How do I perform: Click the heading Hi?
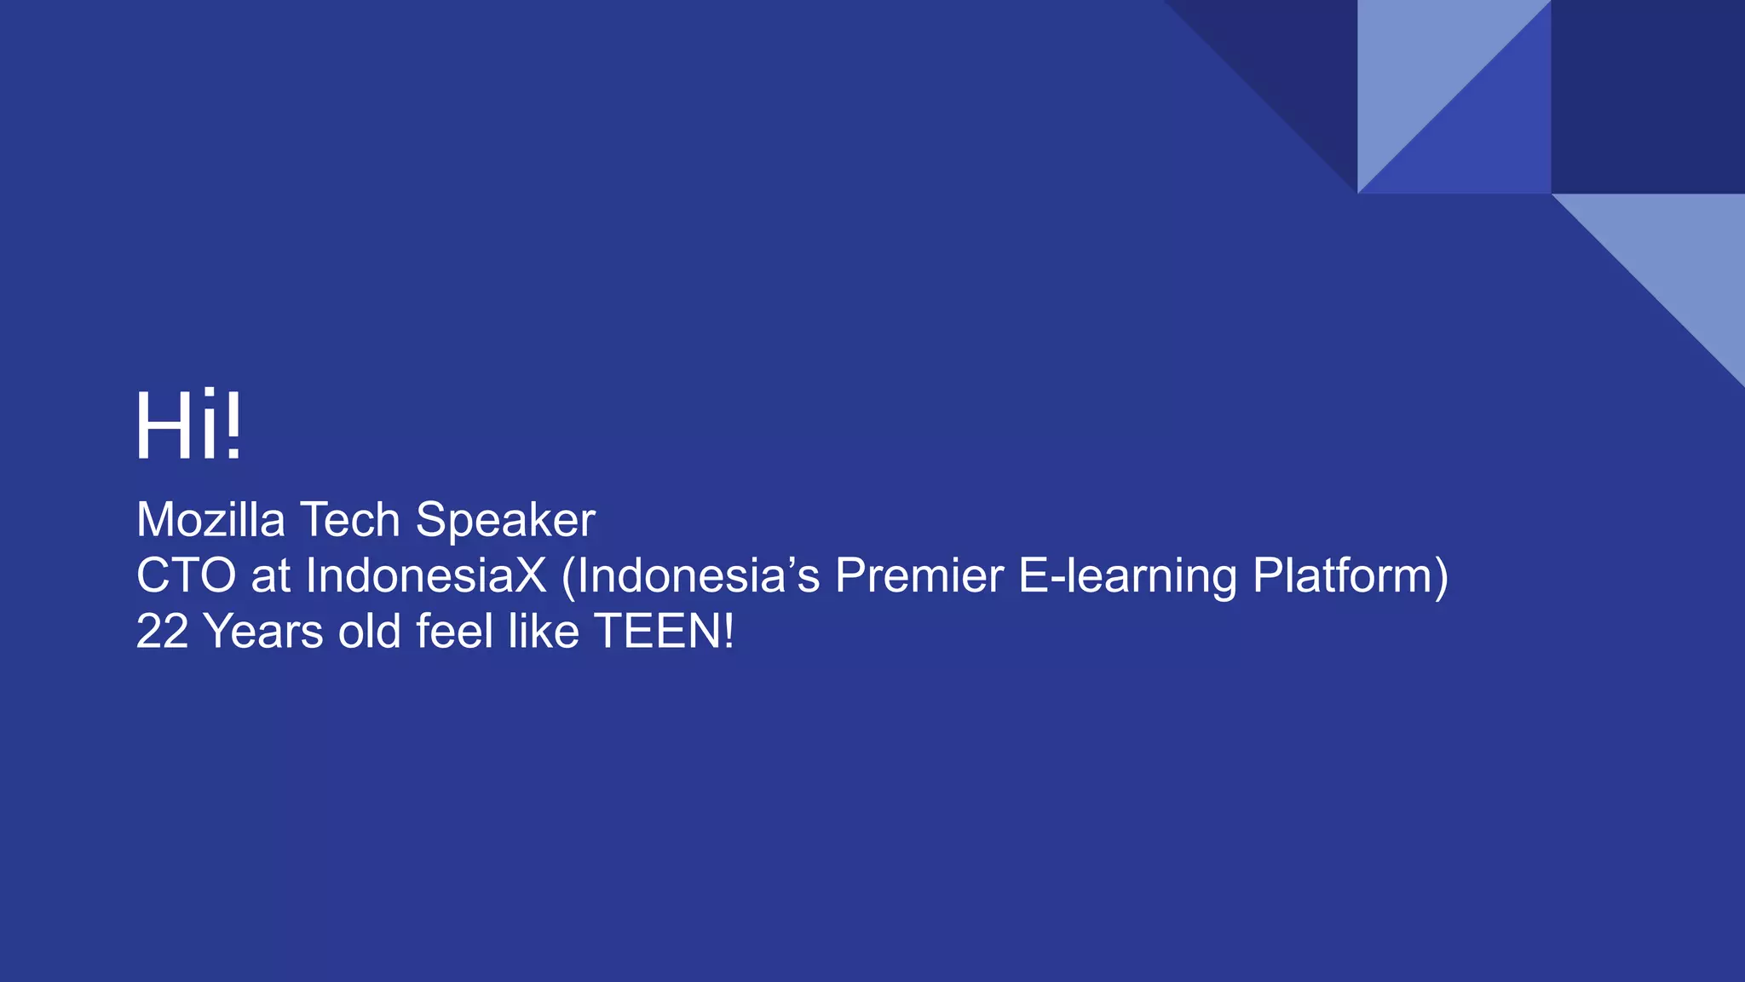click(189, 426)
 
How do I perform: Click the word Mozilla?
click(210, 520)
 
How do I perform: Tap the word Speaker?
click(505, 522)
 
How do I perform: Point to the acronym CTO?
click(186, 575)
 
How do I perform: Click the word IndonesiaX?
click(425, 575)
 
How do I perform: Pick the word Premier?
click(919, 575)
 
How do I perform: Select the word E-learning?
click(1127, 577)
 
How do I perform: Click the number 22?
click(162, 632)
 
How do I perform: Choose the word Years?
click(264, 632)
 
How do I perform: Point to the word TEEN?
click(664, 632)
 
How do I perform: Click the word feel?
click(454, 632)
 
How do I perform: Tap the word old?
click(369, 632)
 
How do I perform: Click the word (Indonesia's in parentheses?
click(691, 575)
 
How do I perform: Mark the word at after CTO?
click(271, 577)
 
